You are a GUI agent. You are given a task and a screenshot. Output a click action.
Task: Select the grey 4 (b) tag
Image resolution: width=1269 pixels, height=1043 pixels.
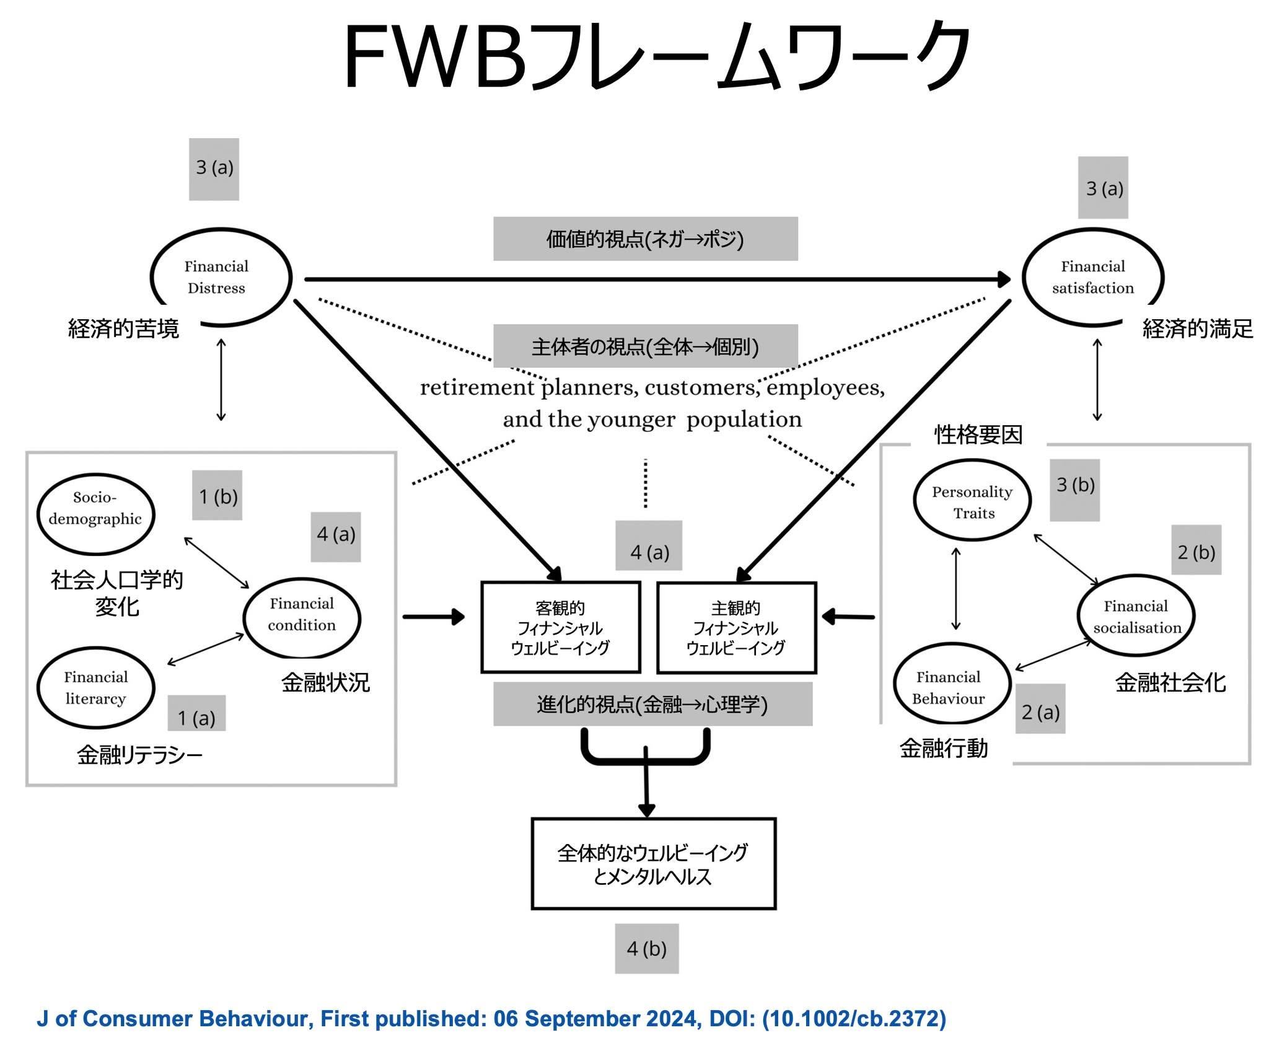click(x=646, y=949)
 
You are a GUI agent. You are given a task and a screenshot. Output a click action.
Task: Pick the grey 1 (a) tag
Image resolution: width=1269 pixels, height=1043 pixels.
click(x=196, y=713)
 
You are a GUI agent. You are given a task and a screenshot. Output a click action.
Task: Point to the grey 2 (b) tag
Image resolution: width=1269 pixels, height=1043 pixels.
click(x=1196, y=550)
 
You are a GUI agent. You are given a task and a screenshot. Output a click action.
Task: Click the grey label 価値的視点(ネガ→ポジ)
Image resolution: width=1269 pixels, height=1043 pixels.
click(x=645, y=239)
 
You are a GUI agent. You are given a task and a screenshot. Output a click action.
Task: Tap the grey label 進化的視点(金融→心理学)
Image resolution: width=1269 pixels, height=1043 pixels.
click(x=652, y=704)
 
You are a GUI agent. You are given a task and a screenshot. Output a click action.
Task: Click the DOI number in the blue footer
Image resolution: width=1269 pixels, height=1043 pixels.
click(x=854, y=1019)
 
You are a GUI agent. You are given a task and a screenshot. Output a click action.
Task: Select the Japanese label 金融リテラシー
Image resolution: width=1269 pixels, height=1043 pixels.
click(x=139, y=755)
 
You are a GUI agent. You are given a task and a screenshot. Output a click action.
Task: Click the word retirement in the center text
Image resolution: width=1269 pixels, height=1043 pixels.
click(x=476, y=388)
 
